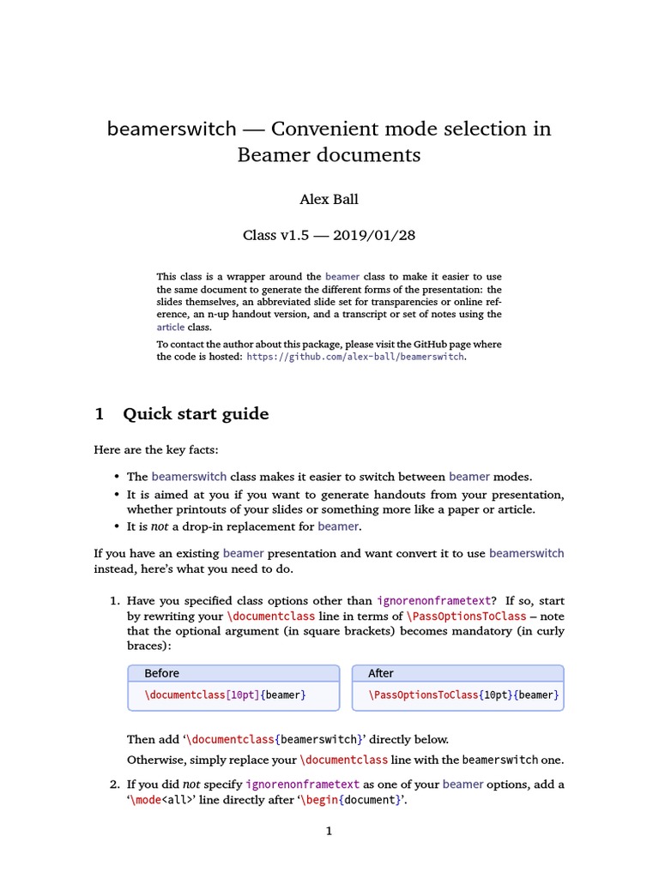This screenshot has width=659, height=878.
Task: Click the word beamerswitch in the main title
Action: pos(171,129)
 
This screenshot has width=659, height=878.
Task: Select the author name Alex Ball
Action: pos(329,199)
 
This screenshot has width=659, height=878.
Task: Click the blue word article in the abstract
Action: pos(170,327)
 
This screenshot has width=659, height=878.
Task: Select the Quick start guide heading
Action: pos(196,414)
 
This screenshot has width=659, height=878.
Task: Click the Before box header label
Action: pos(161,673)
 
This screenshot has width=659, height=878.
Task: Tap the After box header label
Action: pos(380,673)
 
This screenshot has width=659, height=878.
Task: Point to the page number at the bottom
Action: pos(329,831)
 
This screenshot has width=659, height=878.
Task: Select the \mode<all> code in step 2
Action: pos(168,800)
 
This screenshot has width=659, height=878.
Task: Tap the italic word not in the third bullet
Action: pos(160,526)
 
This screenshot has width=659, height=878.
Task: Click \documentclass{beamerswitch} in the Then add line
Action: pos(274,739)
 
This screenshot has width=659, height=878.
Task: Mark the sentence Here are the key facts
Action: pos(161,449)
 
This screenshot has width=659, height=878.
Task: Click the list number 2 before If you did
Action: pos(113,784)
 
